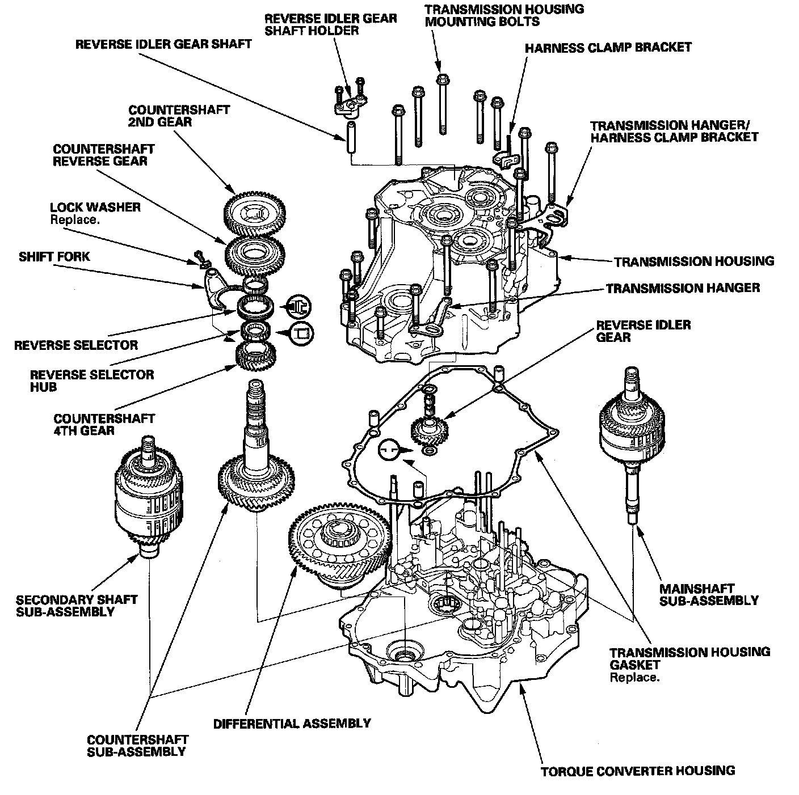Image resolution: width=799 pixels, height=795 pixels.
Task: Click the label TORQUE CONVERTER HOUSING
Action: coord(637,771)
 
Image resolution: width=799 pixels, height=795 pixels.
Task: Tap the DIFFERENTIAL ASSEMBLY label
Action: coord(292,724)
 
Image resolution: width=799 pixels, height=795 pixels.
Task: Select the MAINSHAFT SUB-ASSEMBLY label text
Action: coord(709,594)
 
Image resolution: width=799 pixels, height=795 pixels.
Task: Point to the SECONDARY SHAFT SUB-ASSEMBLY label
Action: coord(77,605)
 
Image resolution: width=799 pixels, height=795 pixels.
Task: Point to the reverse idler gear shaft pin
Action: coord(351,137)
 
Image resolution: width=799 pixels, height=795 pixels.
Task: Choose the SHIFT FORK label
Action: coord(54,256)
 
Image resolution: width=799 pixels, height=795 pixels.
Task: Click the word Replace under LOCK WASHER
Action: coord(75,219)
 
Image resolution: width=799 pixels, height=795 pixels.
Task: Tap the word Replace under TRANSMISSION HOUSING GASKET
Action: coord(634,677)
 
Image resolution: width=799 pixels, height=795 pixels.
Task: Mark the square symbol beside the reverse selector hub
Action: coord(301,333)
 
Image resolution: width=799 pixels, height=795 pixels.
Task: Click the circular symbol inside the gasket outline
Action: coord(389,449)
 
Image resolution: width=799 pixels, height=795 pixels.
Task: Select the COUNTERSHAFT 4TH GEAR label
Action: coord(104,424)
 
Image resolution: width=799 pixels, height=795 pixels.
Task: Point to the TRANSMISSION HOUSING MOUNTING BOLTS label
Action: coord(504,15)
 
